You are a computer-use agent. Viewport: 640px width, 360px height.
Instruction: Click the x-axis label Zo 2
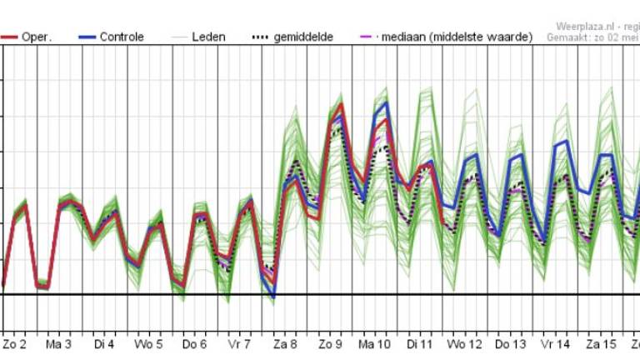pyautogui.click(x=15, y=343)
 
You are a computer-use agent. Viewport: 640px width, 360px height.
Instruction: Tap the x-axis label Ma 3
pyautogui.click(x=58, y=343)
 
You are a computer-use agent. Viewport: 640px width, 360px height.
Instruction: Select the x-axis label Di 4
pyautogui.click(x=104, y=343)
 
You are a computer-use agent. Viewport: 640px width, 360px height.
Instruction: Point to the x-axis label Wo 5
pyautogui.click(x=149, y=343)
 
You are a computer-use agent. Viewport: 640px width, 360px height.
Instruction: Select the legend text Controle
pyautogui.click(x=121, y=37)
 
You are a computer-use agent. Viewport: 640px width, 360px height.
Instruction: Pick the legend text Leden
pyautogui.click(x=207, y=37)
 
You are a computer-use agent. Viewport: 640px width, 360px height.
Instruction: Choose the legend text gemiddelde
pyautogui.click(x=303, y=37)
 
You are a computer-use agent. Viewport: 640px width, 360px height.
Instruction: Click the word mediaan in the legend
pyautogui.click(x=407, y=37)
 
